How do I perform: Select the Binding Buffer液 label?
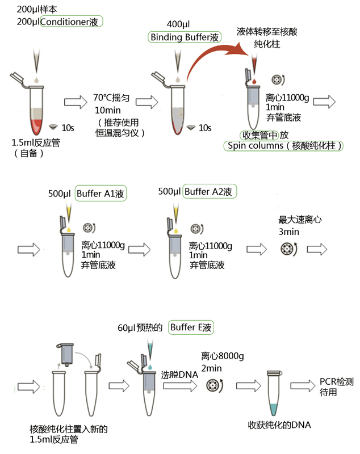tap(185, 37)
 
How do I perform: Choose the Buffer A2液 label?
tap(210, 192)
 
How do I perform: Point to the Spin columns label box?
tap(284, 146)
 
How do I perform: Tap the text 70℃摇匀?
tap(112, 98)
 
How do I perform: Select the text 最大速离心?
tap(296, 221)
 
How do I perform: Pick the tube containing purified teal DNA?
tap(274, 393)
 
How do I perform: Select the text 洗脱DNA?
tap(179, 375)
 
